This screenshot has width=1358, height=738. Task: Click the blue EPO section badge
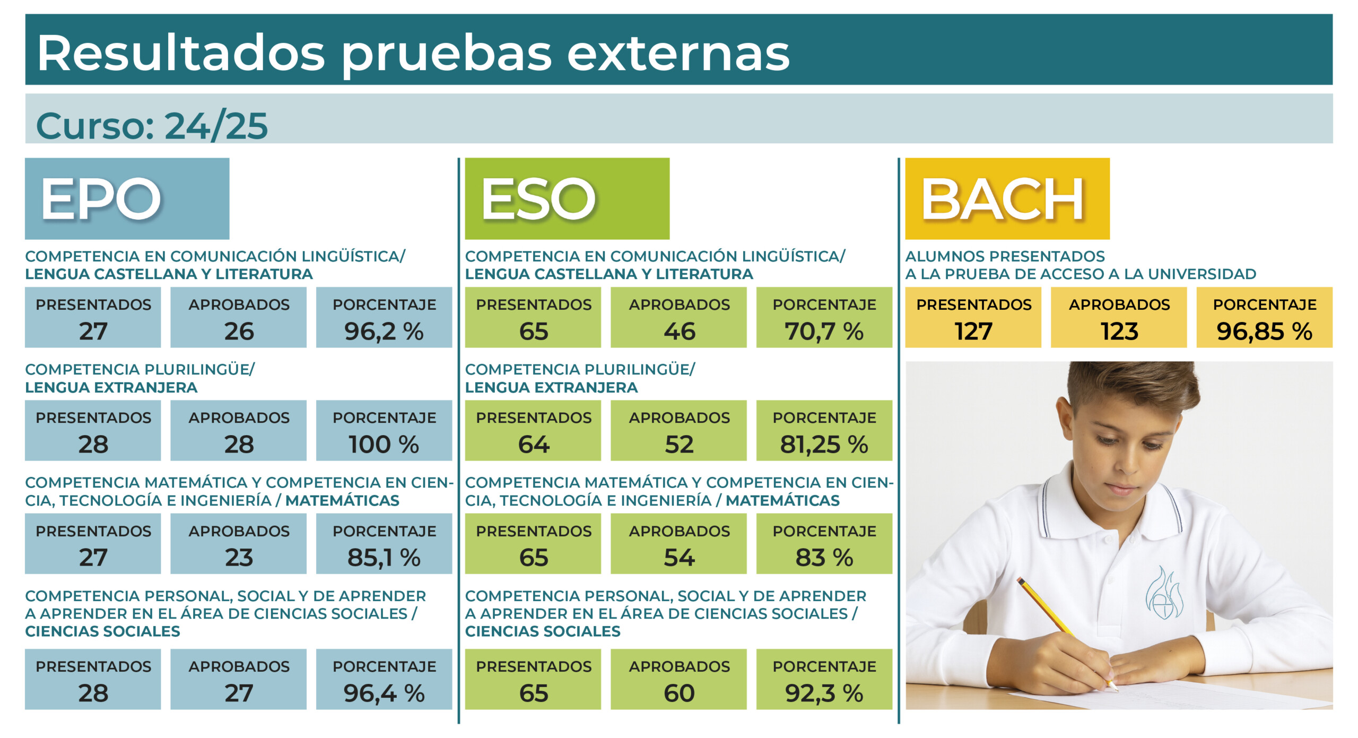(x=127, y=198)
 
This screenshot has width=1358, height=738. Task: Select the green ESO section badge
(x=567, y=198)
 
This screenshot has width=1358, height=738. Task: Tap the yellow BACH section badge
(x=1007, y=198)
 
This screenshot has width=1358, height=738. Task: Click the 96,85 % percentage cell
(x=1264, y=317)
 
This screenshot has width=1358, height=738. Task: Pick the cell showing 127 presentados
(x=973, y=317)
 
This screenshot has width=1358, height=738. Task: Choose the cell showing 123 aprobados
(x=1119, y=317)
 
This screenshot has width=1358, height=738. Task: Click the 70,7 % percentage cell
(x=824, y=317)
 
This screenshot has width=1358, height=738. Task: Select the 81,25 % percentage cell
(x=824, y=430)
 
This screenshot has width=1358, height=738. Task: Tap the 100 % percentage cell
(x=384, y=430)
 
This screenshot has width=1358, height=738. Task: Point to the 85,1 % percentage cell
(x=384, y=543)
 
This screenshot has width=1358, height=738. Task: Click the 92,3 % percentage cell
(x=824, y=679)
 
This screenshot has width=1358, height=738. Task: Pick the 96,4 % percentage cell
(x=384, y=679)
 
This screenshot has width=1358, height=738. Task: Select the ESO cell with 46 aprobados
(x=678, y=317)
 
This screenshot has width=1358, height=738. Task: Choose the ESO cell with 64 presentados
(x=533, y=430)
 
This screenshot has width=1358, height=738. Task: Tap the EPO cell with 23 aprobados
(x=238, y=543)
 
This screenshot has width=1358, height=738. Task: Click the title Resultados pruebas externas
(x=413, y=53)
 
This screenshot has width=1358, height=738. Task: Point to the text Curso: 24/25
(x=152, y=126)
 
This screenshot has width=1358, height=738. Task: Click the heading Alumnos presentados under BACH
(x=1005, y=256)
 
